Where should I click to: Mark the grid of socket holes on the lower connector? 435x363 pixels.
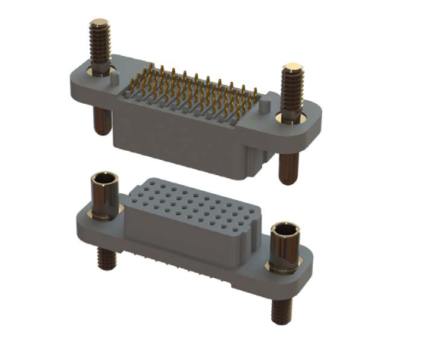click(193, 204)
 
